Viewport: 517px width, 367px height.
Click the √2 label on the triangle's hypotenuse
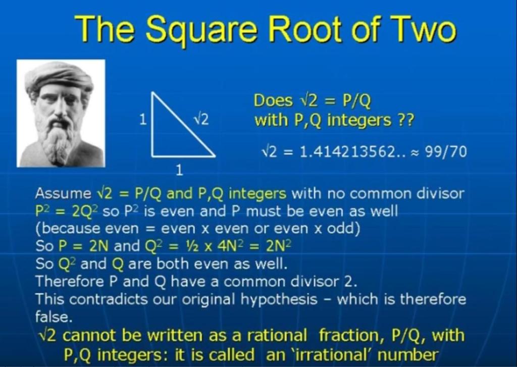coord(201,119)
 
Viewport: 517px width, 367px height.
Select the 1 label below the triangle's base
coord(179,171)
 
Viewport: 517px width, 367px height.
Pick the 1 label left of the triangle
coord(143,119)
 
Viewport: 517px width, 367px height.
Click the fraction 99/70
coord(446,152)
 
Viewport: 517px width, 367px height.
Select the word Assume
coord(63,193)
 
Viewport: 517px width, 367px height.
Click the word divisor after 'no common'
coord(440,193)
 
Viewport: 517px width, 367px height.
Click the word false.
coord(54,317)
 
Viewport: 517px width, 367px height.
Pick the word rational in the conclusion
coord(277,336)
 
